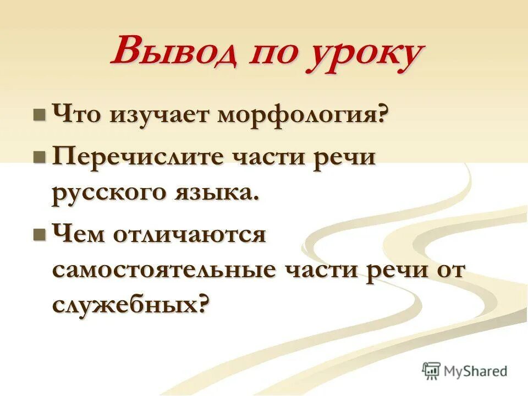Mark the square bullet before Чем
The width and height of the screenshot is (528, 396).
[x=40, y=235]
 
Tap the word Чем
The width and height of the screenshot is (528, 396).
[x=79, y=235]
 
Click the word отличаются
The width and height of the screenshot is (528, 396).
[x=190, y=235]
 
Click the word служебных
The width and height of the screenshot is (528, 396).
[x=125, y=304]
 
